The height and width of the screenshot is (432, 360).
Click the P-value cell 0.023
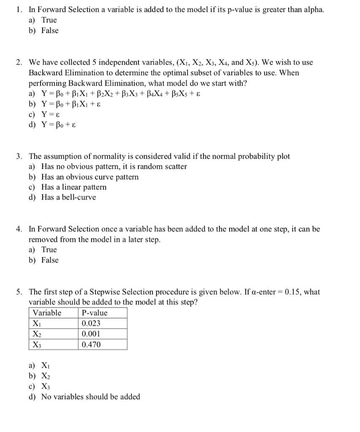91,324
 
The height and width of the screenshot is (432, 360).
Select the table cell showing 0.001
91,334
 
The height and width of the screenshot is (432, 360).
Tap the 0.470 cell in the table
91,345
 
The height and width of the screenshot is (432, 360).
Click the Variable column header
47,313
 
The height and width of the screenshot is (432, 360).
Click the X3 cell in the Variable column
37,345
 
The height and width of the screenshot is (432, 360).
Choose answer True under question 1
49,20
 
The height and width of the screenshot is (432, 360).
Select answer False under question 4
50,260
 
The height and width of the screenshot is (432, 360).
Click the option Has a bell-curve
68,197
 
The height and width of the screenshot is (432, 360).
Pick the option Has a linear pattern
73,187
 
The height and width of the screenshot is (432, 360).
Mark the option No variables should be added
90,397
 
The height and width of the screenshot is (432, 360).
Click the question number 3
19,156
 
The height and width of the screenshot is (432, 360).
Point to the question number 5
19,292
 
